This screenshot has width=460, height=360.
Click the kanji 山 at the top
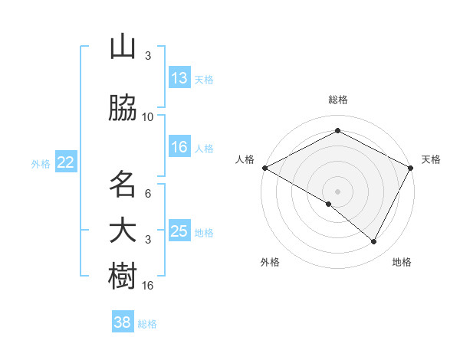(x=123, y=47)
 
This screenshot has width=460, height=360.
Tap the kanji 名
(x=123, y=185)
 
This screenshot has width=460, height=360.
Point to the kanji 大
(x=123, y=231)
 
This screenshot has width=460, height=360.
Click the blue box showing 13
(x=179, y=78)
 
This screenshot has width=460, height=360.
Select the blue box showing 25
(x=179, y=231)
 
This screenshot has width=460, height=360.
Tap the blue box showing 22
(x=66, y=162)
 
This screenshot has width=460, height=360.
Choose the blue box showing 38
(x=123, y=322)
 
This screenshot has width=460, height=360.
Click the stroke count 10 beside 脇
(x=148, y=117)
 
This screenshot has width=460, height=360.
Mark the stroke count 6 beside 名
(x=148, y=194)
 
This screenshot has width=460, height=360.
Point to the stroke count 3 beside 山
(x=148, y=56)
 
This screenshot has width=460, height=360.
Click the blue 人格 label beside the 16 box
(x=204, y=149)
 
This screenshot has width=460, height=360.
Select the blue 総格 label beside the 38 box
(x=147, y=324)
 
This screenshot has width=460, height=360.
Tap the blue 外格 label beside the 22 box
(x=41, y=163)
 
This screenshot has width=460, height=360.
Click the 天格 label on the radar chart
(x=431, y=159)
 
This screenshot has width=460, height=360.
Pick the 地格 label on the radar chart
(x=402, y=262)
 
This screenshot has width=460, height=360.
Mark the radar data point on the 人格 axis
(x=264, y=167)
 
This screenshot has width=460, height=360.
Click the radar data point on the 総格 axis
(x=337, y=131)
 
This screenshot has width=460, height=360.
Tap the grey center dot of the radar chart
(x=337, y=191)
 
